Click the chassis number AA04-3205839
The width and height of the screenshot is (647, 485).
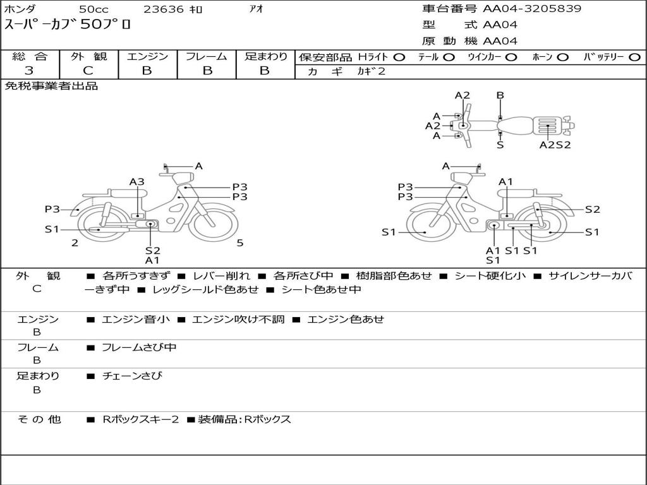tap(532, 9)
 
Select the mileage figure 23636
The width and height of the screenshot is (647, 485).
tap(164, 9)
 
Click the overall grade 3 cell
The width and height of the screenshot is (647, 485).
tap(29, 71)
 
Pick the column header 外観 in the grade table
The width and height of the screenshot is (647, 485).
tap(88, 56)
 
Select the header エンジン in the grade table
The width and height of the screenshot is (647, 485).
tap(147, 56)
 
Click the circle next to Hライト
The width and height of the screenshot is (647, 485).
tap(399, 57)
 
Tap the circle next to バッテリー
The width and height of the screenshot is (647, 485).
tap(634, 57)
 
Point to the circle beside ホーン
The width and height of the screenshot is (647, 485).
tap(563, 57)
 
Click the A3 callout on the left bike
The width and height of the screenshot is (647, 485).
tap(137, 182)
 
